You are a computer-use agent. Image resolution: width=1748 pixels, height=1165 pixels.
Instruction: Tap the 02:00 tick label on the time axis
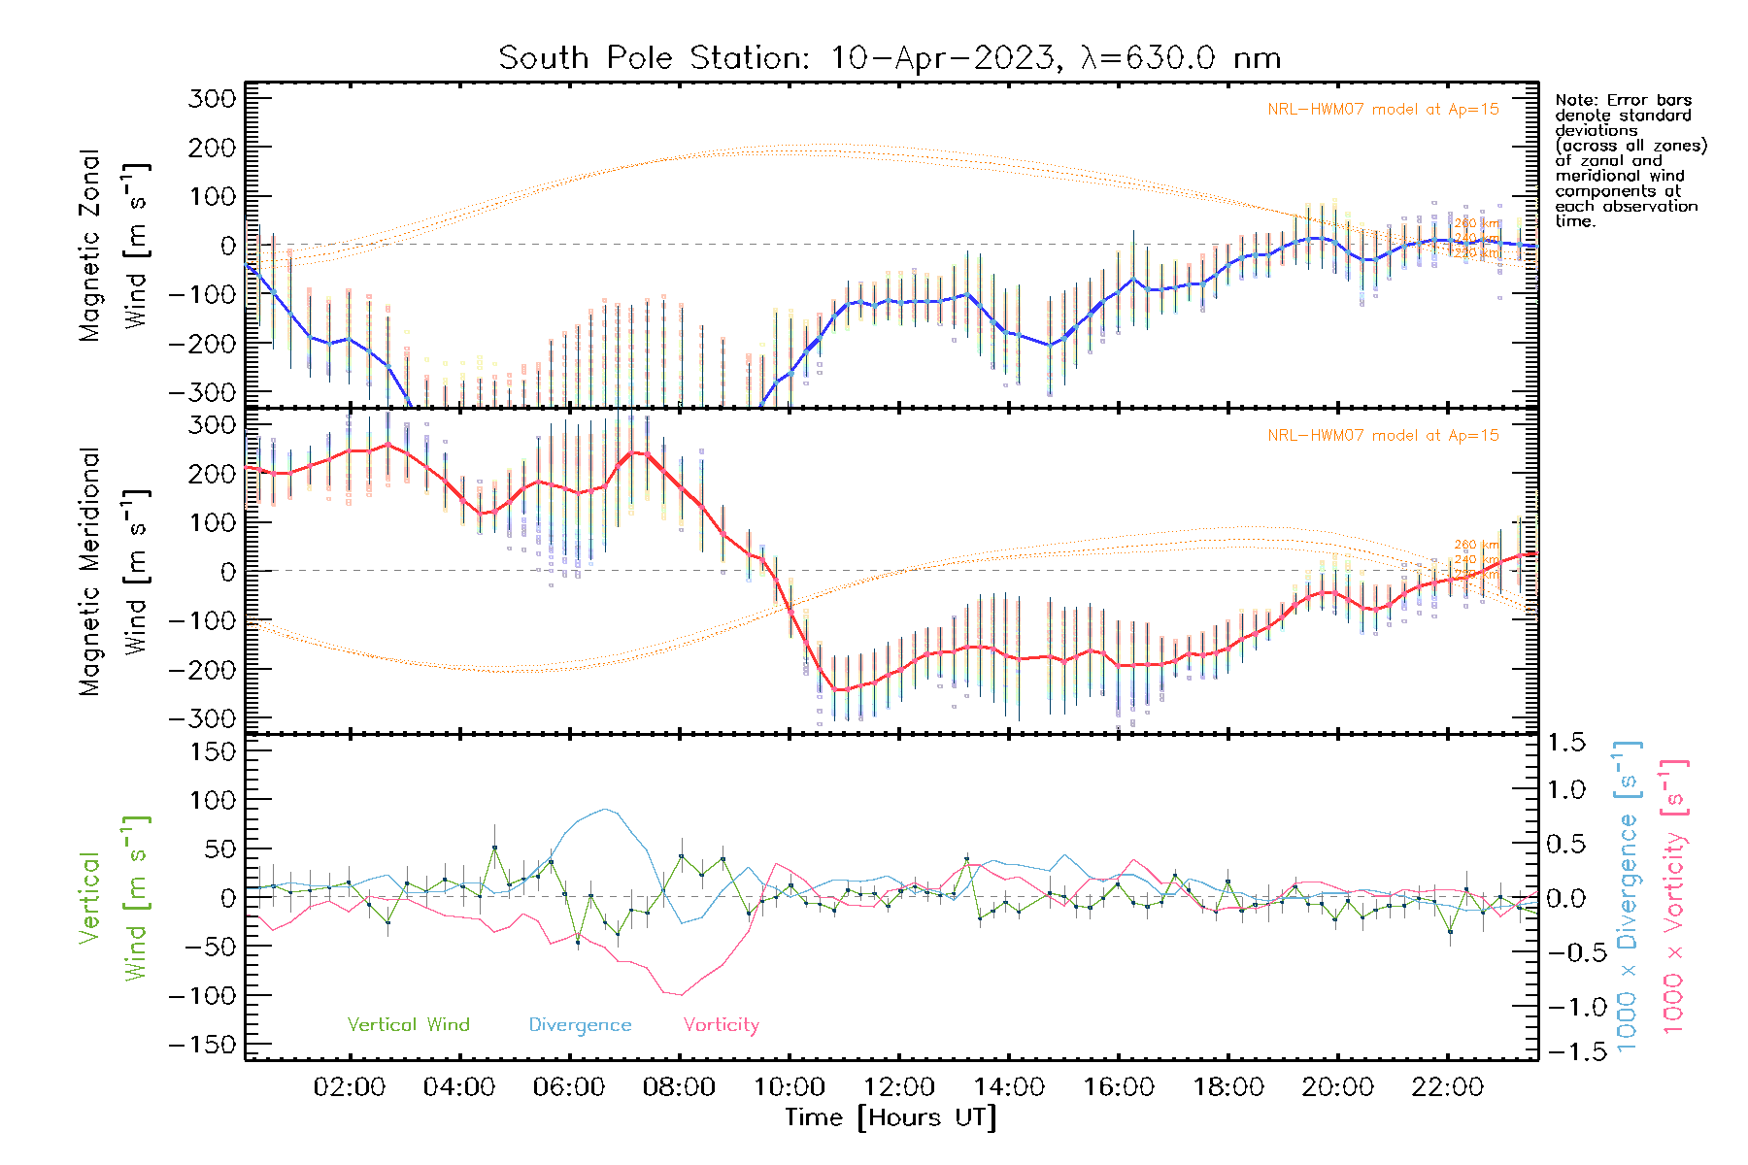[350, 1087]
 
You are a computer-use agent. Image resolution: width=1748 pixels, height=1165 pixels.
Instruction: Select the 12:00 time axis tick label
[899, 1087]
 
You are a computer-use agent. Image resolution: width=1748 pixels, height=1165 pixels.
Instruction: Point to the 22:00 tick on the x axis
[1448, 1087]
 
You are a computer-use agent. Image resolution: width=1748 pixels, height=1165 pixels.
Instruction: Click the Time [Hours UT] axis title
[891, 1117]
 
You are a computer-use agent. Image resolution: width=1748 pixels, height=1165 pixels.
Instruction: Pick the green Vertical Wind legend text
[408, 1025]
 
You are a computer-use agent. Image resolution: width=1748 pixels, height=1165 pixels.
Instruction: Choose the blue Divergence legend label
[580, 1025]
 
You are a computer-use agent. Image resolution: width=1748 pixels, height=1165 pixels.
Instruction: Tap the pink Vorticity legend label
[721, 1025]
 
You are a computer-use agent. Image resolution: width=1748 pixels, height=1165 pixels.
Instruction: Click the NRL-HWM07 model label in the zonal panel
[1383, 110]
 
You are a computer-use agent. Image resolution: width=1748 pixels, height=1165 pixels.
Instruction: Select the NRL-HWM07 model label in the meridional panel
[1383, 436]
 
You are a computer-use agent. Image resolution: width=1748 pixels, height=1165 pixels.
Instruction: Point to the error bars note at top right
[1630, 160]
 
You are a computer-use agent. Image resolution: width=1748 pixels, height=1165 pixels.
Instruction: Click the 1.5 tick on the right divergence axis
[1565, 743]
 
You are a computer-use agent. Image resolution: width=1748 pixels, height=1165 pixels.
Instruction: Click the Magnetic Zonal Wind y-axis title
[114, 246]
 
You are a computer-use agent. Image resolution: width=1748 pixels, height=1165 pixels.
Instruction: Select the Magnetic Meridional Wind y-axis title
[114, 572]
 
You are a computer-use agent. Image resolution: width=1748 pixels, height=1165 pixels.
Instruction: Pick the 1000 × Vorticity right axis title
[1674, 896]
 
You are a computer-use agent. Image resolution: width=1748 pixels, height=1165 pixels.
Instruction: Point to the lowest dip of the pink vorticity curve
[681, 995]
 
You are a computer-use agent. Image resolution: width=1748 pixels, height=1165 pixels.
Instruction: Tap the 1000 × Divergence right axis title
[1628, 896]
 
